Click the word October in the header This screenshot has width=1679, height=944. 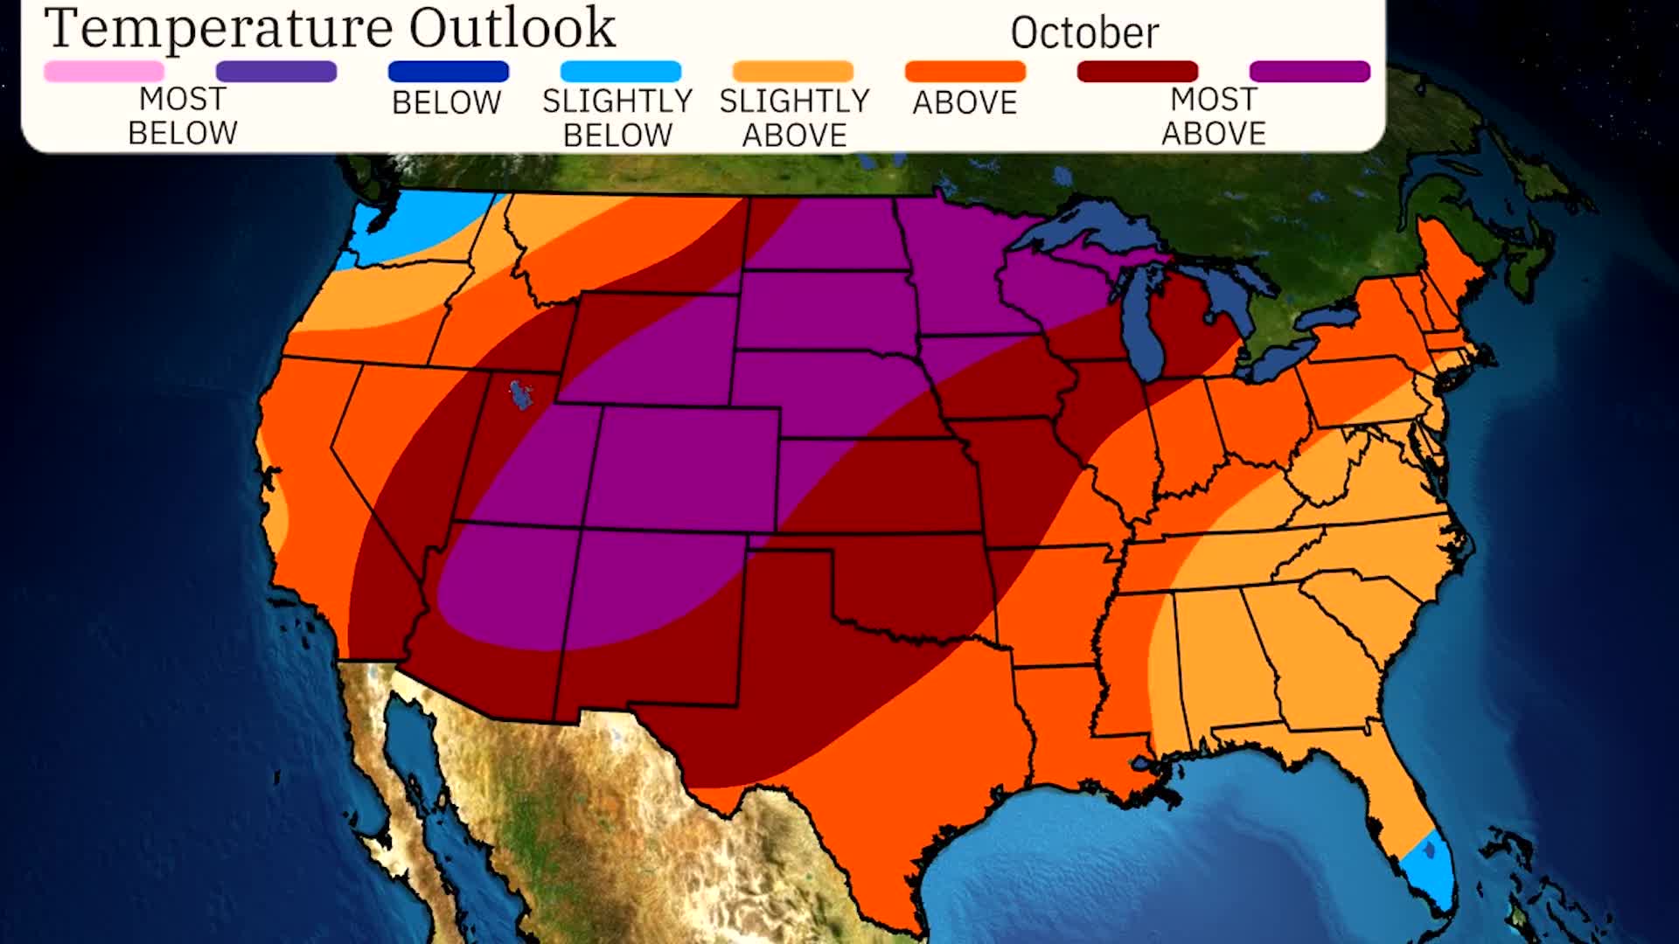coord(1084,33)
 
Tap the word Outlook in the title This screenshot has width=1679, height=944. coord(512,28)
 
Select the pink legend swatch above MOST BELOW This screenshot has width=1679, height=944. coord(104,72)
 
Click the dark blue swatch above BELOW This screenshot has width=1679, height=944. coord(448,72)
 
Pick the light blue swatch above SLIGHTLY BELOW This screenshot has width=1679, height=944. coord(620,72)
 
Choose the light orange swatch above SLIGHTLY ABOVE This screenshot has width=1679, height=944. coord(792,72)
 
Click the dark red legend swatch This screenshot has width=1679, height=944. coord(1137,72)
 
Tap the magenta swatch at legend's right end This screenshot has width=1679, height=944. coord(1309,72)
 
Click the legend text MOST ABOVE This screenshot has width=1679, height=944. coord(1213,116)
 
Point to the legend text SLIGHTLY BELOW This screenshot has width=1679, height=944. coord(617,118)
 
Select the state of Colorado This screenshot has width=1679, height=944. coord(682,468)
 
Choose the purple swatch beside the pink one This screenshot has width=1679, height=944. coord(276,72)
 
